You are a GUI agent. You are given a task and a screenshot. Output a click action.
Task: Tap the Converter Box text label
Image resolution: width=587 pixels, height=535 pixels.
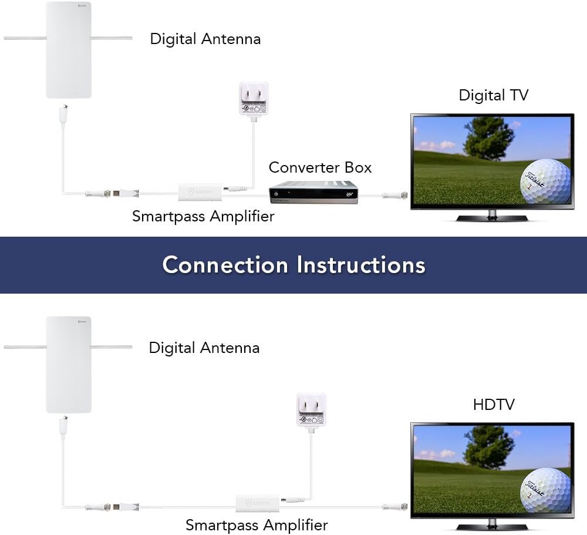point(320,167)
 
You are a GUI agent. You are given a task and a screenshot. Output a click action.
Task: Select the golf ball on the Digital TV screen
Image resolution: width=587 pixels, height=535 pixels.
point(545,180)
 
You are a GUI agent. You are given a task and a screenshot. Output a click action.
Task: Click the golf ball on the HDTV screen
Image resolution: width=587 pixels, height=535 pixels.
point(545,489)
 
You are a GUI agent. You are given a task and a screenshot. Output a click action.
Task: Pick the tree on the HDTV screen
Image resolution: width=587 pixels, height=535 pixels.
point(488,446)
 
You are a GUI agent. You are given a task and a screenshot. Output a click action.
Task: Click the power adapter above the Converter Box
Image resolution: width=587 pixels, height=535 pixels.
point(252,98)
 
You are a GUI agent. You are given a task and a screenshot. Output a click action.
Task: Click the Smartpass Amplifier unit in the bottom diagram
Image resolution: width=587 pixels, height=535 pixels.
point(258,502)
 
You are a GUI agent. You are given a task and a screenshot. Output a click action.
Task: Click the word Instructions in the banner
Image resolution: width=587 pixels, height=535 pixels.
point(360,265)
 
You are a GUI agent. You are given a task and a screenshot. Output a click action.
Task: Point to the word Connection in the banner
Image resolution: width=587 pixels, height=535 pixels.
point(225,265)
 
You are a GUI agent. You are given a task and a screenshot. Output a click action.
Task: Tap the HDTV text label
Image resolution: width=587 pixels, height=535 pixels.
point(494,405)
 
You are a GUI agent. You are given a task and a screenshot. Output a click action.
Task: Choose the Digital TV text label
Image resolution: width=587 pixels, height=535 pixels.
point(493,95)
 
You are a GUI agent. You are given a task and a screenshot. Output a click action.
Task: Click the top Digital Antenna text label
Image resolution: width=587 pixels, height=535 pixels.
point(205,39)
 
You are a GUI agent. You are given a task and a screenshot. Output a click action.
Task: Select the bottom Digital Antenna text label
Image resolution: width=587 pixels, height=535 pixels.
point(204,348)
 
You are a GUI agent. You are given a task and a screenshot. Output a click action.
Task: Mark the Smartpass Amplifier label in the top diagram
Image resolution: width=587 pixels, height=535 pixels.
point(203,216)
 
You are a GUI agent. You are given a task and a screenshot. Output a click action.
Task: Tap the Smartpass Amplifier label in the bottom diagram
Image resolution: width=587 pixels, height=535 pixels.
point(257,524)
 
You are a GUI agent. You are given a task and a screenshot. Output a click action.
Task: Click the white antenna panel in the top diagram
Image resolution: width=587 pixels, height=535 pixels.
point(69,50)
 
